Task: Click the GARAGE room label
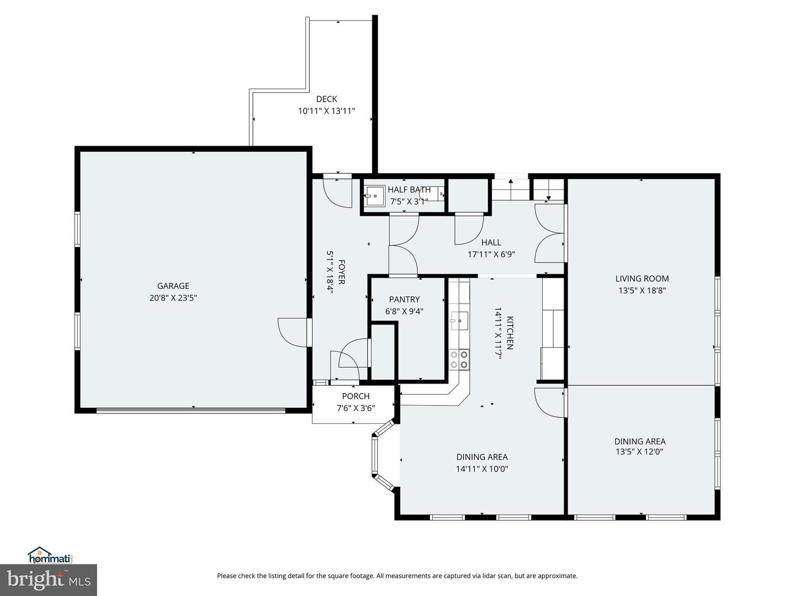[173, 286]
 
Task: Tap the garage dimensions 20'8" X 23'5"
[173, 298]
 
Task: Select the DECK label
[326, 99]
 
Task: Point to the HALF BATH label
[409, 190]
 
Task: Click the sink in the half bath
[374, 195]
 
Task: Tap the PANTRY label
[404, 300]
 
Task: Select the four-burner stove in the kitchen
[459, 359]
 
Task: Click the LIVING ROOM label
[642, 279]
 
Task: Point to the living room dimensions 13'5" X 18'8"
[642, 291]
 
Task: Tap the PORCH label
[356, 396]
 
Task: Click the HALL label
[491, 242]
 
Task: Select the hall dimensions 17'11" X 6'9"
[491, 254]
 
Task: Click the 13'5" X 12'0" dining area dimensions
[639, 451]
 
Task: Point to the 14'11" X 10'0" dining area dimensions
[481, 469]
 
